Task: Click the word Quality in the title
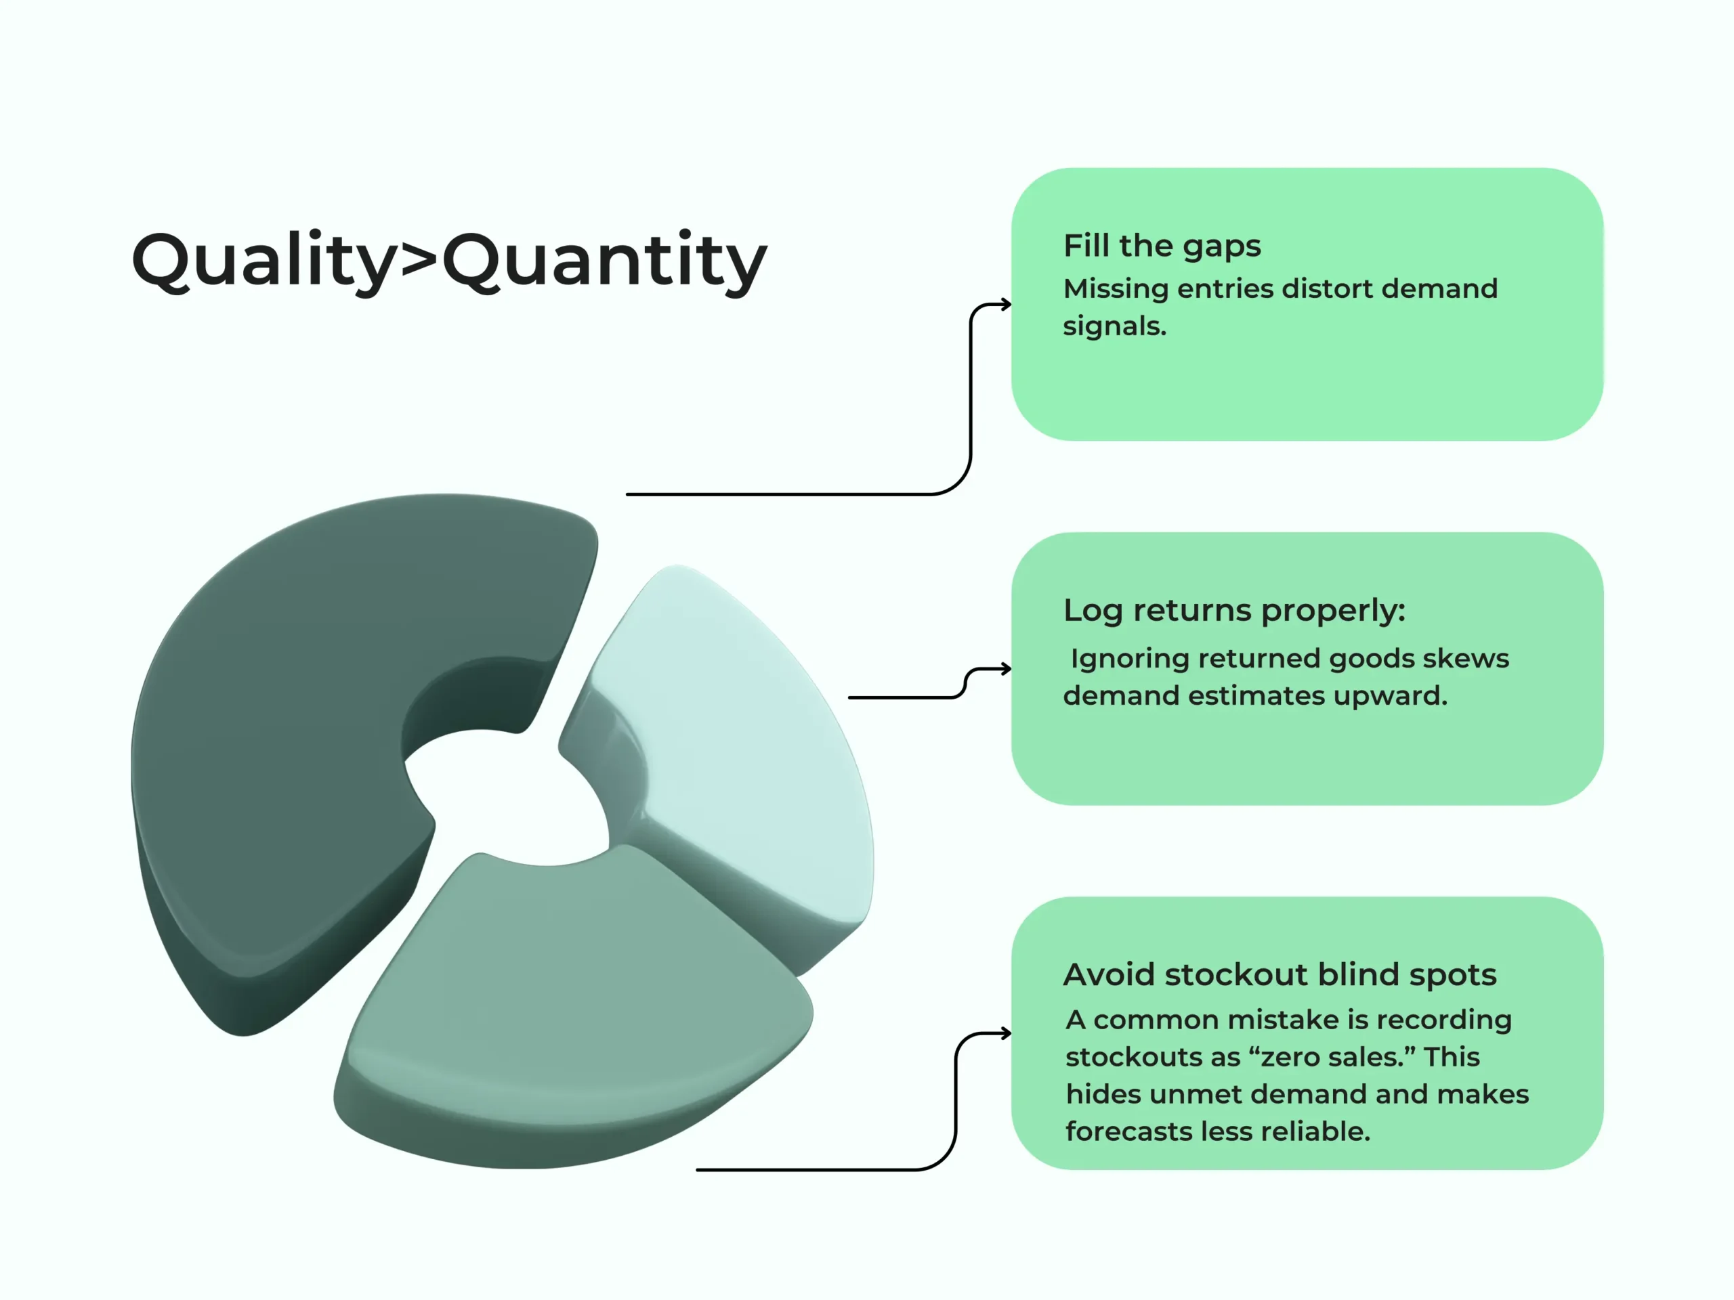[263, 261]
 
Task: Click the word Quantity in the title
[604, 261]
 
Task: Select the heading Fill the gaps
[1162, 246]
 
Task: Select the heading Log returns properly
[1234, 611]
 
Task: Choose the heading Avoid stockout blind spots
[1280, 975]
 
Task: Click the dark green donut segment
[290, 729]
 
